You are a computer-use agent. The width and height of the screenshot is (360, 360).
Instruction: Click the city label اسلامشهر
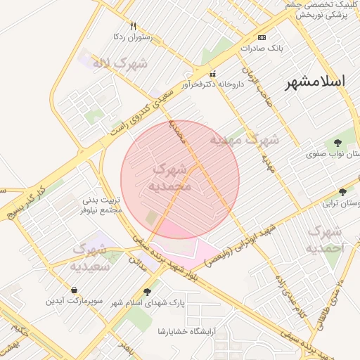point(315,82)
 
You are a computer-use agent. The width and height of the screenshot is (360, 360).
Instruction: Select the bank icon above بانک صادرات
point(262,37)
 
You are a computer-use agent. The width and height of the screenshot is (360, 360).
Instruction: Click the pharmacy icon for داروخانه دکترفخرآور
point(213,74)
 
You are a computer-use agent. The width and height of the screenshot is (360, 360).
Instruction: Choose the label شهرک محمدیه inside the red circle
point(170,178)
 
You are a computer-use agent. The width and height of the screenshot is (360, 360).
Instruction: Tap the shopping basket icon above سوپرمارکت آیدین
point(75,290)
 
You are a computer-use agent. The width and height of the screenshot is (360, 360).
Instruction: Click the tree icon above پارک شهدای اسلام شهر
point(147,291)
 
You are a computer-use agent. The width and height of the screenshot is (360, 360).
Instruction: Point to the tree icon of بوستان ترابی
point(343,192)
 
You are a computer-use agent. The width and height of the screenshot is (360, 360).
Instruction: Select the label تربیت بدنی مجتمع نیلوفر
point(103,205)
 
